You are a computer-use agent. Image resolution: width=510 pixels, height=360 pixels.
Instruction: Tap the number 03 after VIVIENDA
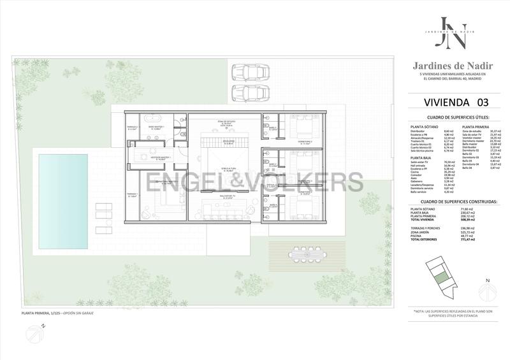(x=480, y=102)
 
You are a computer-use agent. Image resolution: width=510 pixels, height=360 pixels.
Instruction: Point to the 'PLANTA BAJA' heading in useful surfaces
(x=423, y=157)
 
